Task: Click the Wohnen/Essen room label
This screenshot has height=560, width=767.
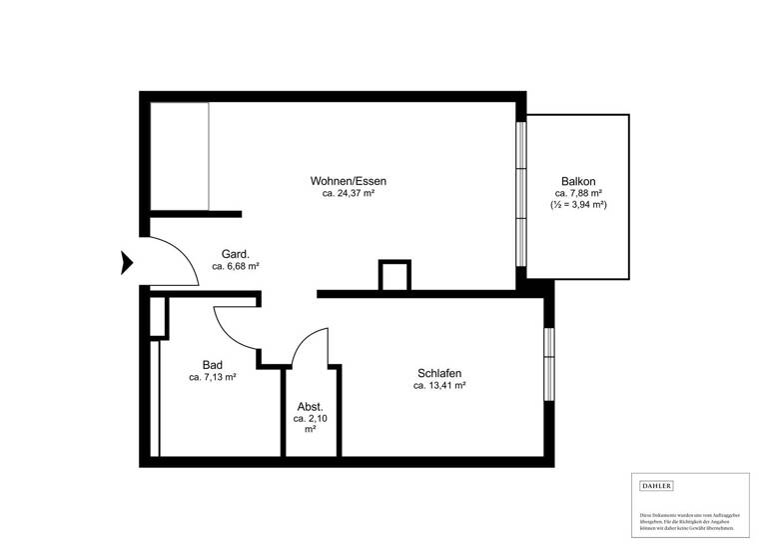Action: click(x=348, y=181)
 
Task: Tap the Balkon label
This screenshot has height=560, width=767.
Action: click(x=578, y=180)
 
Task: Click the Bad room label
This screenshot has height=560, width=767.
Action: click(x=212, y=365)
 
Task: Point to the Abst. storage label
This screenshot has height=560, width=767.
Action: click(x=310, y=407)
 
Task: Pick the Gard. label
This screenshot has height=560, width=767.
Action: click(x=235, y=254)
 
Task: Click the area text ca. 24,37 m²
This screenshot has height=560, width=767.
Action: click(x=348, y=194)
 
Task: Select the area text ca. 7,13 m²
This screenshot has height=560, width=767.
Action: click(x=213, y=378)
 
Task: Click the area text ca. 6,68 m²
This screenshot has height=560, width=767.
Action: click(x=236, y=267)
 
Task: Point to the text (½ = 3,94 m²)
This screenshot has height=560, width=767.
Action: click(x=578, y=204)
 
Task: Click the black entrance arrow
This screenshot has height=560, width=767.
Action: click(x=127, y=262)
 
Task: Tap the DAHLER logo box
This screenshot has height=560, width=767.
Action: click(x=656, y=486)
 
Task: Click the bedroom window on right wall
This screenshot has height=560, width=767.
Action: click(x=549, y=361)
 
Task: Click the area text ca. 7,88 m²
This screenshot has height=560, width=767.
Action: click(x=578, y=192)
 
